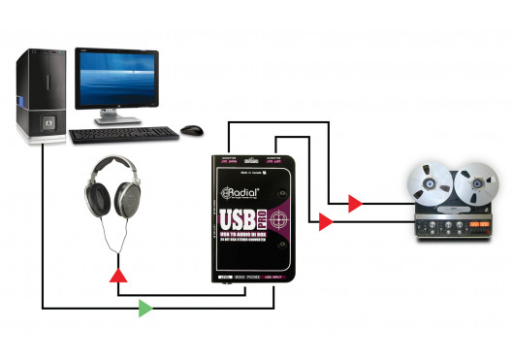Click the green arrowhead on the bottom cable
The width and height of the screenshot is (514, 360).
point(145,309)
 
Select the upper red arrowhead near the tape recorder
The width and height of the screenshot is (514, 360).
point(356,203)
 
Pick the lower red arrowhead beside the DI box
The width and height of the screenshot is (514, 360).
point(327,222)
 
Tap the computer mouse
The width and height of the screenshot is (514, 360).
point(193,129)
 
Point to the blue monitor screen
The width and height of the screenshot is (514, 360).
point(117,76)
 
